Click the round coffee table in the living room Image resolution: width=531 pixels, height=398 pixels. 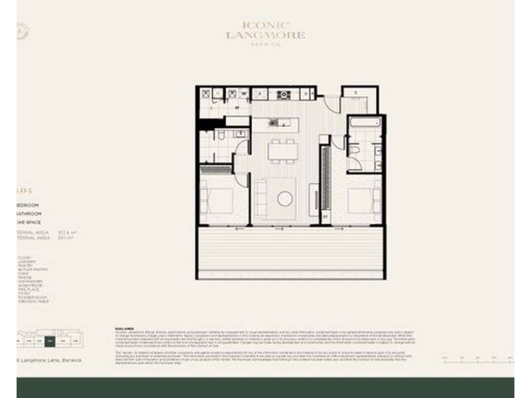[285, 198]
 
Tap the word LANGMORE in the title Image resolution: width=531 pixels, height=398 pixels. [265, 34]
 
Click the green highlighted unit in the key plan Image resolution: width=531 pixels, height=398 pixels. [50, 342]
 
